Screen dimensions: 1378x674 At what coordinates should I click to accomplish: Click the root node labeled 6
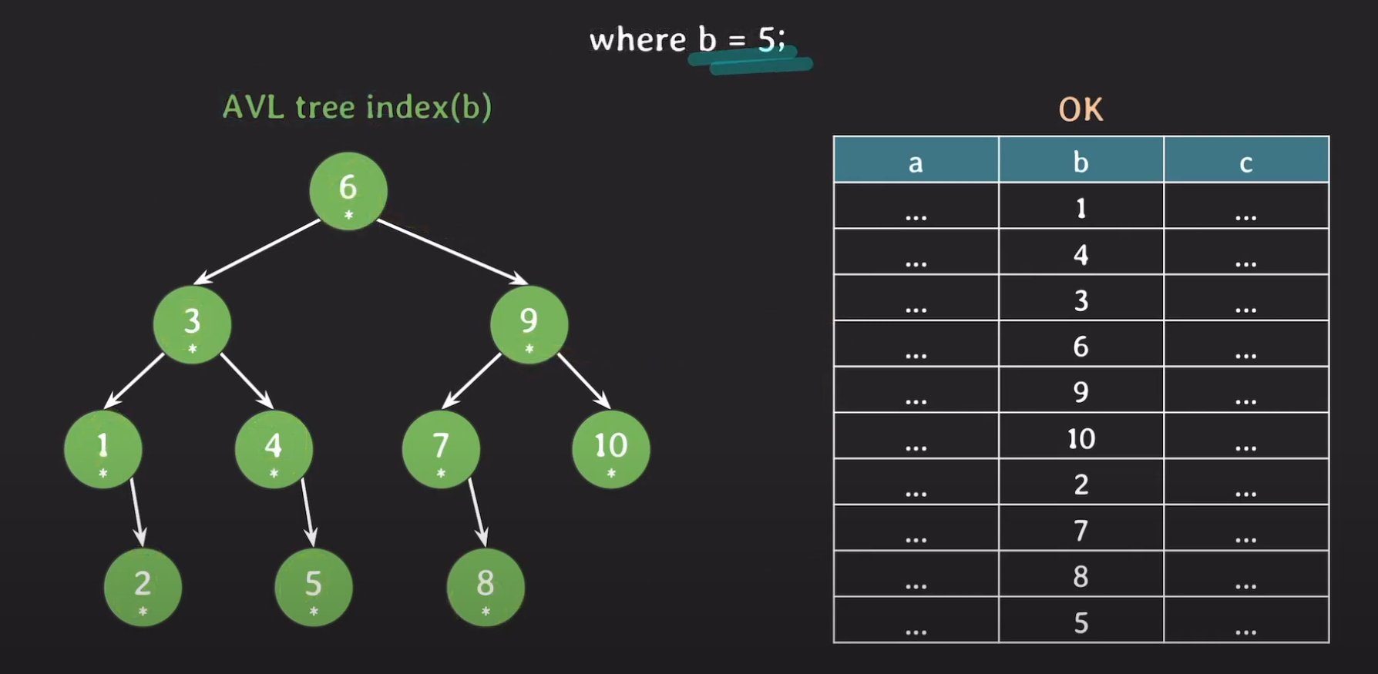348,190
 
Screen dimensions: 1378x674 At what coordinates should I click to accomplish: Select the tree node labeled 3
192,324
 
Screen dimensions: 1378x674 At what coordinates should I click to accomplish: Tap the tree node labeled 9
529,324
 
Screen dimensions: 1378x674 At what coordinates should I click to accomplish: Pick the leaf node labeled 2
143,587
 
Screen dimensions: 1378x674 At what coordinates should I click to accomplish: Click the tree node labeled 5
314,587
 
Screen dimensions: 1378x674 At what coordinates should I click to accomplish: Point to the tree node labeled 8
486,587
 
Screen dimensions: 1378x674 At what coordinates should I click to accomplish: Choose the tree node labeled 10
611,448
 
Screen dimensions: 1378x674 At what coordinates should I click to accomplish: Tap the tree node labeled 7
441,448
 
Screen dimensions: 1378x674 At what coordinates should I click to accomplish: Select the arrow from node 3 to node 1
134,381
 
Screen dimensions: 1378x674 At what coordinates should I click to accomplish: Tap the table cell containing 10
1081,437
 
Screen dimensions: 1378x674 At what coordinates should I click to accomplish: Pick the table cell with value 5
1081,621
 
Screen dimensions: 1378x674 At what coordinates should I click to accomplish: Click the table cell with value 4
1081,253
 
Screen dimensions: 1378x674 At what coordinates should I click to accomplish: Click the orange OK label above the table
1081,110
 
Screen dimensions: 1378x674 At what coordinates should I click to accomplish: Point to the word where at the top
637,40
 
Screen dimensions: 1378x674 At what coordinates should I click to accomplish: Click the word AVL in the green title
250,107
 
